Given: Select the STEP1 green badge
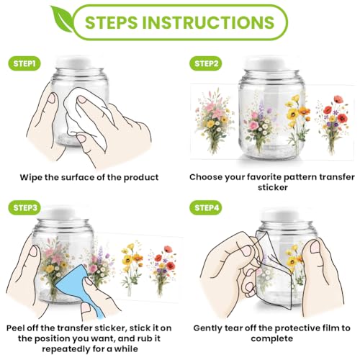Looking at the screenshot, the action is [24, 63].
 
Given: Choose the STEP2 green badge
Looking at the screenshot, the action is [206, 63].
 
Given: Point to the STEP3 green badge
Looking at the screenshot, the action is [24, 207].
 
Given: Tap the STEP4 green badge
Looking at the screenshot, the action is [206, 207].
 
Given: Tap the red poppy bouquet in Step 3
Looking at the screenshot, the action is [163, 271].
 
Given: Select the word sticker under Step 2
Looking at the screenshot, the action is [273, 187].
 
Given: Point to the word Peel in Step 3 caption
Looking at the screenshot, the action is [16, 328].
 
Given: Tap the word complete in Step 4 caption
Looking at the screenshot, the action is [272, 339].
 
